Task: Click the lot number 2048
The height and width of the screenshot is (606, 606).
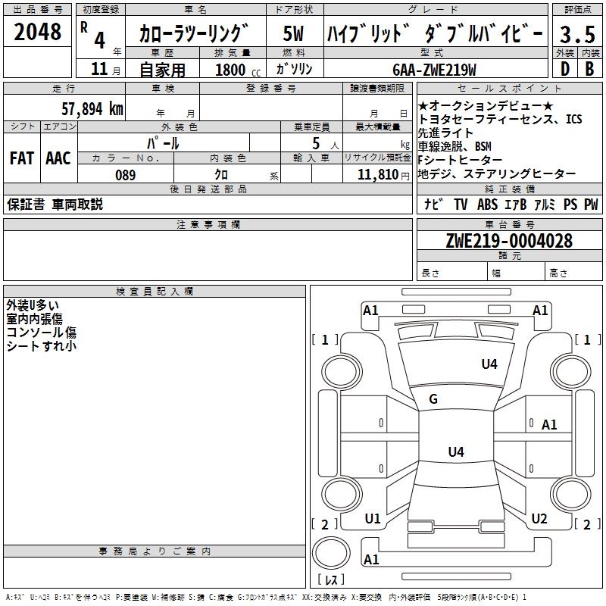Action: click(37, 31)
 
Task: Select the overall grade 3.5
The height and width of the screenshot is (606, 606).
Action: click(577, 34)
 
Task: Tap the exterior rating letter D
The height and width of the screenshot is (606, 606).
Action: click(565, 69)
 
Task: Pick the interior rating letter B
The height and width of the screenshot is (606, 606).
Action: click(589, 69)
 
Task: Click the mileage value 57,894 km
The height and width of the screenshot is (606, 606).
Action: click(92, 109)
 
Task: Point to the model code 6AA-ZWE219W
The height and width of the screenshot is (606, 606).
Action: click(434, 70)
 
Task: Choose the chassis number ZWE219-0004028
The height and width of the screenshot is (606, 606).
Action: click(509, 241)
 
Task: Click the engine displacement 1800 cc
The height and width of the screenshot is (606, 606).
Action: click(238, 70)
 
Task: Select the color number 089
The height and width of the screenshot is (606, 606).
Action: click(125, 175)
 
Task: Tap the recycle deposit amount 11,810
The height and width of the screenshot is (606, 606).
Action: click(378, 175)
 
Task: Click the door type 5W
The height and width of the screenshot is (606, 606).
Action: click(293, 33)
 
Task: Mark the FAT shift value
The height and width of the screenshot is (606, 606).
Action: click(22, 158)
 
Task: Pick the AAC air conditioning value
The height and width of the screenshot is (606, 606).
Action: click(58, 158)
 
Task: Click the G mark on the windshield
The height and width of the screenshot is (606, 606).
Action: click(433, 399)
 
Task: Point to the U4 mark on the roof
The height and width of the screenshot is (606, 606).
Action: click(456, 451)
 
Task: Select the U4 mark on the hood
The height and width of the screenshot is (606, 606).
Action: click(489, 364)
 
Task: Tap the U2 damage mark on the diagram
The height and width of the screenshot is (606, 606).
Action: click(539, 519)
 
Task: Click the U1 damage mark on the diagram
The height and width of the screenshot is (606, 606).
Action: click(373, 519)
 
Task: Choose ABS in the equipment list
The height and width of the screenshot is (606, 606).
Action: click(487, 204)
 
